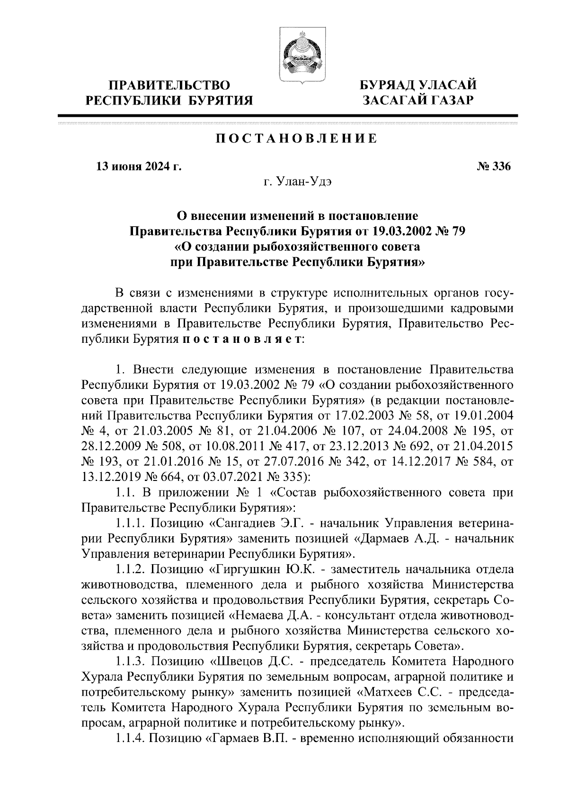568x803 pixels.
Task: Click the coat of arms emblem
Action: click(297, 55)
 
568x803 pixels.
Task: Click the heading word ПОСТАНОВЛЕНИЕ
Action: click(297, 139)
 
